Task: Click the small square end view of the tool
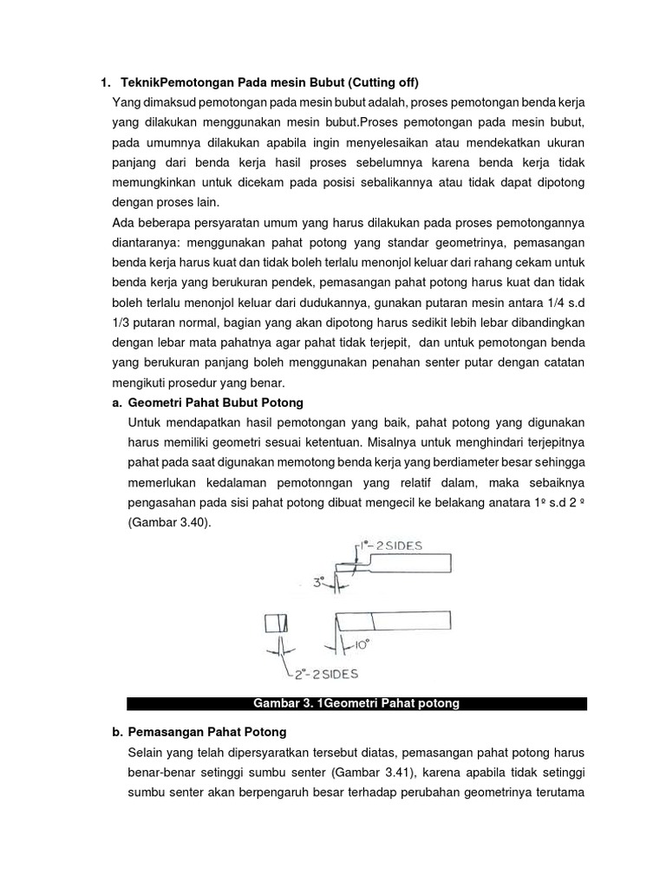point(276,624)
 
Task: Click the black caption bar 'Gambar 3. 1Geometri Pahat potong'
point(356,703)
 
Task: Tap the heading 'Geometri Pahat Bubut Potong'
point(216,402)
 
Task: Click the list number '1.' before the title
point(106,83)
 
